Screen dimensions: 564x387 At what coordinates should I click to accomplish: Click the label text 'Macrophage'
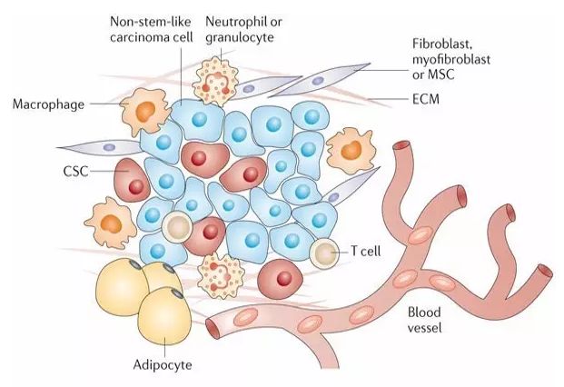(x=48, y=104)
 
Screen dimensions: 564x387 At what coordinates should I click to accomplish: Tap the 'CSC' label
(x=75, y=171)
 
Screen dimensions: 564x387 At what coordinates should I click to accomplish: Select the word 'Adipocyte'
(x=163, y=364)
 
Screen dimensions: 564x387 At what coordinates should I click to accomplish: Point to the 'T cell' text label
(x=365, y=251)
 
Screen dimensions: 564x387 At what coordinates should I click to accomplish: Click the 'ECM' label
(x=426, y=99)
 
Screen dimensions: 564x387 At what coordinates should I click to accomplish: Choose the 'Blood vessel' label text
(x=424, y=320)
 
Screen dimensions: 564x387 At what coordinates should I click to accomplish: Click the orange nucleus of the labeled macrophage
(x=145, y=111)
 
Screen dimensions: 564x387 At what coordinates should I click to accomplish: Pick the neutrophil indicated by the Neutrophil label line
(x=215, y=83)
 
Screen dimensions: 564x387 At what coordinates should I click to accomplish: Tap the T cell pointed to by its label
(x=324, y=253)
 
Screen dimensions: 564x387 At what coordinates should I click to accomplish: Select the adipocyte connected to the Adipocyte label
(x=164, y=316)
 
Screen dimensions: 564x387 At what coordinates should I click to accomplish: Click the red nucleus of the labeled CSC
(x=136, y=186)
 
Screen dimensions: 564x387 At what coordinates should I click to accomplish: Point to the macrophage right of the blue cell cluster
(x=351, y=150)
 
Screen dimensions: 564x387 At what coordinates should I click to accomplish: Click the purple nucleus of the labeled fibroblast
(x=318, y=81)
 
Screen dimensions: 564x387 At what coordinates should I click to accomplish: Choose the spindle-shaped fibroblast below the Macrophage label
(x=100, y=147)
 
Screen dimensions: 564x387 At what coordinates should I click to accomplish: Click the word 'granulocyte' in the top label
(x=240, y=37)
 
